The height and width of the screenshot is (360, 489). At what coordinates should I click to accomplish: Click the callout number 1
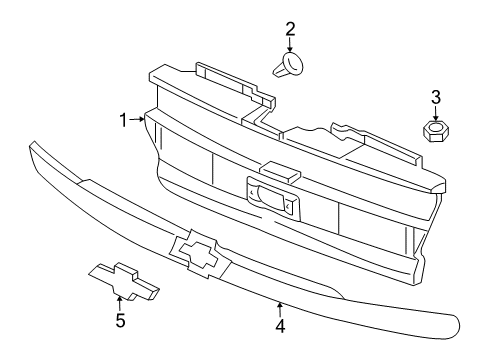click(124, 121)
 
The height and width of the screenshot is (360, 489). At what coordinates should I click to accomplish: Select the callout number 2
click(290, 29)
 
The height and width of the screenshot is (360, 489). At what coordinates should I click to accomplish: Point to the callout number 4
click(281, 325)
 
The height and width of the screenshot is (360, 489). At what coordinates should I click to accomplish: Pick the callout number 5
click(120, 321)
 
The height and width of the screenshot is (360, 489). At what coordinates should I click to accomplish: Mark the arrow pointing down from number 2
click(290, 46)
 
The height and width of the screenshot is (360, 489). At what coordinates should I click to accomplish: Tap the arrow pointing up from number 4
click(281, 307)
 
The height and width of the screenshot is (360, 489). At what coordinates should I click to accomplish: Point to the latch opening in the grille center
click(270, 195)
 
